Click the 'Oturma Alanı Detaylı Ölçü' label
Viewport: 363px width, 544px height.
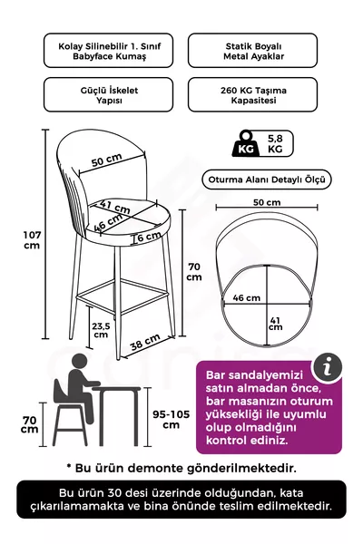(x=266, y=180)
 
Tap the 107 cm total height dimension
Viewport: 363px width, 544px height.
(x=31, y=239)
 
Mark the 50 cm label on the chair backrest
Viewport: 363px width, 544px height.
(x=107, y=160)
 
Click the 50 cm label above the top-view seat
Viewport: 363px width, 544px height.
(x=266, y=201)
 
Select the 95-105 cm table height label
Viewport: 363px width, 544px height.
(x=171, y=419)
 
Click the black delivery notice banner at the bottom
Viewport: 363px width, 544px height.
(x=181, y=500)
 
